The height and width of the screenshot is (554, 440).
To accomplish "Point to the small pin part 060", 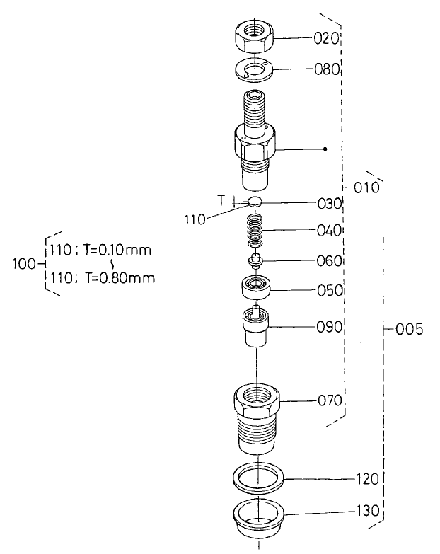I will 255,261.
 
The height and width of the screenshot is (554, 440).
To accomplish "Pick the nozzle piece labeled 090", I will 255,328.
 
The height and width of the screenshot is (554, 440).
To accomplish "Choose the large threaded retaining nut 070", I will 255,417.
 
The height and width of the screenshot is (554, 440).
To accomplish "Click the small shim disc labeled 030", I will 255,202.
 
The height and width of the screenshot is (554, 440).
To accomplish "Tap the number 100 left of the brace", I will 24,264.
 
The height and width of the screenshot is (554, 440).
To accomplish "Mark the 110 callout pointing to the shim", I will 194,220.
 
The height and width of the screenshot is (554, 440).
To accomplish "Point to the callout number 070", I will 329,400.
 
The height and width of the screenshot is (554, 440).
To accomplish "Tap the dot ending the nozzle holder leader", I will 325,149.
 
